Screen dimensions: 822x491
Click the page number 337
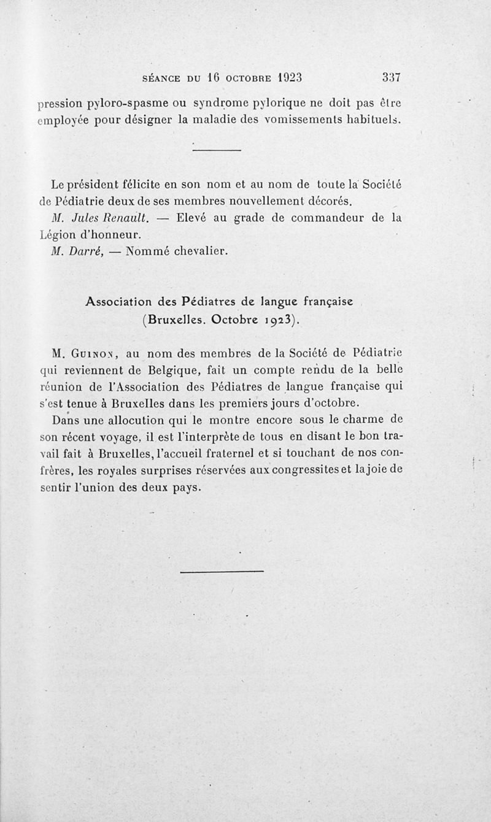tap(391, 78)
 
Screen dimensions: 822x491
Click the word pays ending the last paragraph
tap(188, 489)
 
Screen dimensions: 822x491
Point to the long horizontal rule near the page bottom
tap(222, 572)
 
